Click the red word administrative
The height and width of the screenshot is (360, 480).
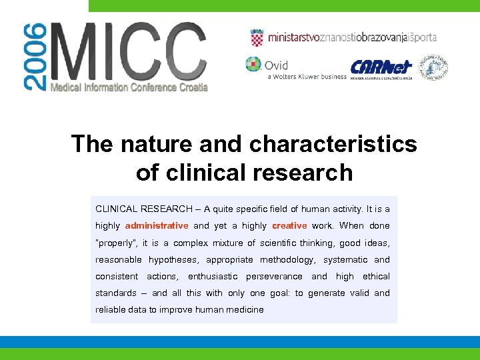(157, 226)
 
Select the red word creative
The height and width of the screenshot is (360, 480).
(289, 226)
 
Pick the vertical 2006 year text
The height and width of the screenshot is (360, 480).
(35, 57)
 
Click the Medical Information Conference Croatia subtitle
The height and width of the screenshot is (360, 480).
(129, 87)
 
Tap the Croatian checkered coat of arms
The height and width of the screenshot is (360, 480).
(257, 37)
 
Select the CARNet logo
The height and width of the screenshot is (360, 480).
(381, 67)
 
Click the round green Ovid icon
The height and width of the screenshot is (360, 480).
(253, 65)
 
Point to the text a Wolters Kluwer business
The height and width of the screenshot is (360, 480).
(307, 77)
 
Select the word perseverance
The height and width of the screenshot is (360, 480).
(274, 277)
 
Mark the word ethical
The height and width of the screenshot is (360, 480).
(376, 277)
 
